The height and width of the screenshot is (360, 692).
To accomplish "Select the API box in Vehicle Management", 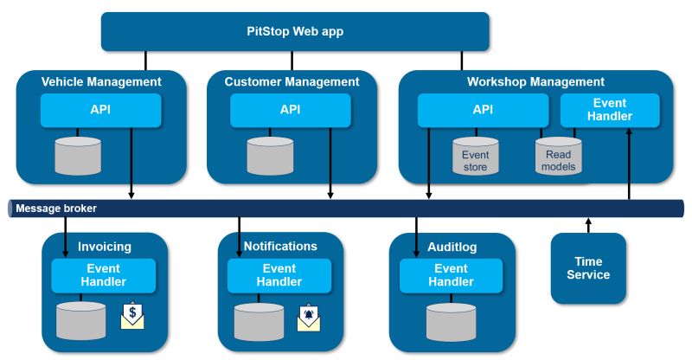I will click(x=101, y=110).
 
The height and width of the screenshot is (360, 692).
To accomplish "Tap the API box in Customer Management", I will click(x=291, y=110).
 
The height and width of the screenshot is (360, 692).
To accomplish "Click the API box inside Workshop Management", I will click(x=483, y=110).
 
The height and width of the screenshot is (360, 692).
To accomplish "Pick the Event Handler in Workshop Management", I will click(x=610, y=110).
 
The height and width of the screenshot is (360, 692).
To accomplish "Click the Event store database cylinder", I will click(x=475, y=156).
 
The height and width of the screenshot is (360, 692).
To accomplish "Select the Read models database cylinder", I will click(x=558, y=156).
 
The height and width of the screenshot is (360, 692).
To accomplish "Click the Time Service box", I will click(x=588, y=268).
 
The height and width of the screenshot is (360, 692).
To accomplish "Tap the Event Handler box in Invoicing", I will click(x=103, y=275).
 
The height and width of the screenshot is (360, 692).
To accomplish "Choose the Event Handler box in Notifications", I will click(x=279, y=275).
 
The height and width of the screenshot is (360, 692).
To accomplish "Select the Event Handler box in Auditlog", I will click(x=452, y=275).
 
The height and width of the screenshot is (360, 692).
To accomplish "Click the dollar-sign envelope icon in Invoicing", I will click(x=131, y=316).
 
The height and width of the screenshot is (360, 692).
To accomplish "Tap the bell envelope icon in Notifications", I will click(x=308, y=317).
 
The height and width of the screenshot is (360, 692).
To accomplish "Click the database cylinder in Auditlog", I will click(x=450, y=321).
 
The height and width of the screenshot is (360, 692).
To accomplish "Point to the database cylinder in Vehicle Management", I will click(x=78, y=154).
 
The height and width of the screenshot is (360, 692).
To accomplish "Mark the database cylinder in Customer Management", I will click(x=270, y=154).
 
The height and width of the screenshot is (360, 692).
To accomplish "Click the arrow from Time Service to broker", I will click(x=588, y=225).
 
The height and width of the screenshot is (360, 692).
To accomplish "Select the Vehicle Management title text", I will click(x=101, y=82).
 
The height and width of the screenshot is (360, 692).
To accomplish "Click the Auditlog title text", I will click(x=452, y=247).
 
